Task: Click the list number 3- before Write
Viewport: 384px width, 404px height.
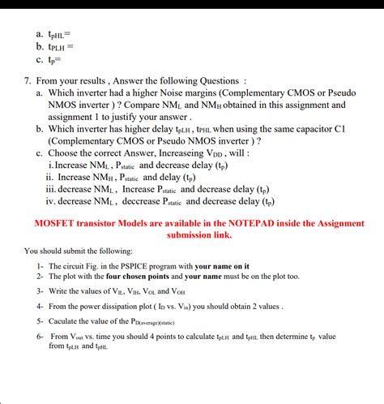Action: click(40, 291)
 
